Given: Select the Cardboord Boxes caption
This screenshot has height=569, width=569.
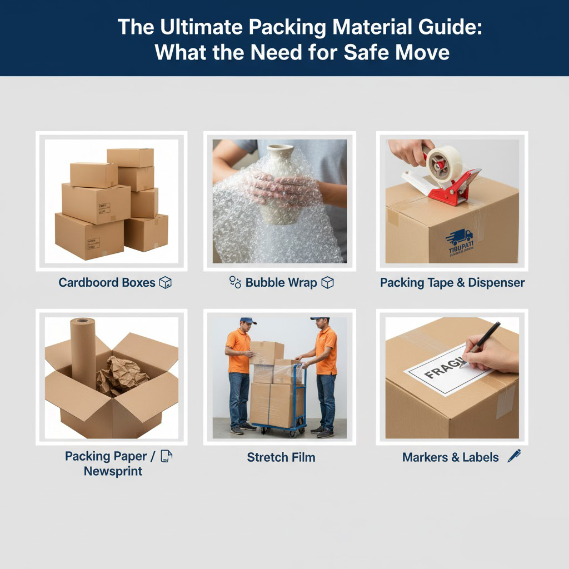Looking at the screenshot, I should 107,282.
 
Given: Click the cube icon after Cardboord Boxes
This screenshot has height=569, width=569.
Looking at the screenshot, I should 165,282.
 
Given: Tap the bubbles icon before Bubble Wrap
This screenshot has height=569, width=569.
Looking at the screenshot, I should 235,282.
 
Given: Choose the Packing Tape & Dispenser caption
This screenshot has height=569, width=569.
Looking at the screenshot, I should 452,282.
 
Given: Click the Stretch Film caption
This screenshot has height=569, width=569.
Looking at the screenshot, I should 281,457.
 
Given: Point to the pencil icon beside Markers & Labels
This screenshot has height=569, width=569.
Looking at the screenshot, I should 514,456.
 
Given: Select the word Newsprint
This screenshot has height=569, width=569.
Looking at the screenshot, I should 113,471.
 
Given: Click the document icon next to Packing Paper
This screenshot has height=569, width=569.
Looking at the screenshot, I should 166,456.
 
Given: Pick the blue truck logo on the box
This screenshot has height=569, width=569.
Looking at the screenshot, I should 459,238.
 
